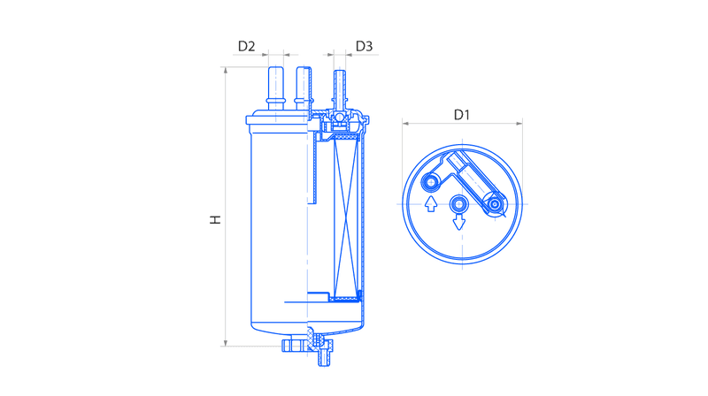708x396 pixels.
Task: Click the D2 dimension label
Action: pyautogui.click(x=247, y=46)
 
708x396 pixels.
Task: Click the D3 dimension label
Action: pyautogui.click(x=364, y=46)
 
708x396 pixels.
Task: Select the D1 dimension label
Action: pyautogui.click(x=461, y=115)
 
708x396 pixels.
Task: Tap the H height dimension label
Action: pyautogui.click(x=216, y=219)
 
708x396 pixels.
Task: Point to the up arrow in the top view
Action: pyautogui.click(x=431, y=203)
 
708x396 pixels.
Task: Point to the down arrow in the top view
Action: pyautogui.click(x=459, y=222)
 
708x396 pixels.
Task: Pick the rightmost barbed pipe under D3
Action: pyautogui.click(x=340, y=89)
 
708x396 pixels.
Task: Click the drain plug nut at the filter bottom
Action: pyautogui.click(x=307, y=346)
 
